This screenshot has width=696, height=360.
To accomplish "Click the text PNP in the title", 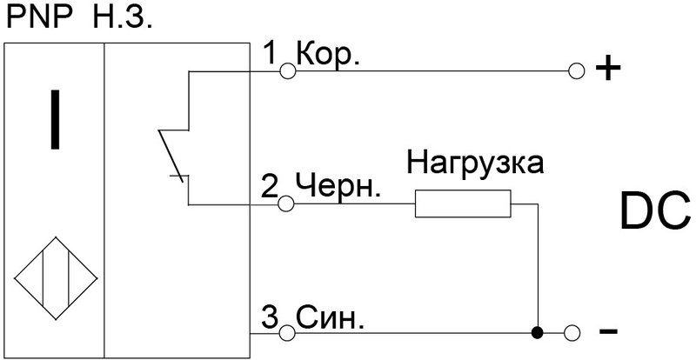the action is pyautogui.click(x=40, y=17).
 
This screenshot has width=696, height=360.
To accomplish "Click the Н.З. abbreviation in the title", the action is pyautogui.click(x=123, y=17).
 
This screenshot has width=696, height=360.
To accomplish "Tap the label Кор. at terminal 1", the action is pyautogui.click(x=327, y=56).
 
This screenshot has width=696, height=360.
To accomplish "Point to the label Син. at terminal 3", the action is pyautogui.click(x=330, y=318).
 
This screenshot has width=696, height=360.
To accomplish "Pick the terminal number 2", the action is pyautogui.click(x=270, y=187).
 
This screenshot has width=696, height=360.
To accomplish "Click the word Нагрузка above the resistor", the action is pyautogui.click(x=475, y=163).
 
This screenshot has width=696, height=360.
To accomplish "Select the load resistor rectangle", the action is pyautogui.click(x=463, y=203).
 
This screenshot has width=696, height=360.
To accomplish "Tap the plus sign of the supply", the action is pyautogui.click(x=607, y=70).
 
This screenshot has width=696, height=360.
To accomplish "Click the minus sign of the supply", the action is pyautogui.click(x=608, y=330).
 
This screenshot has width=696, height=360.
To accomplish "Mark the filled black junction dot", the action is pyautogui.click(x=538, y=331).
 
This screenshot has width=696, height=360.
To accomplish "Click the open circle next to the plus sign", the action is pyautogui.click(x=576, y=70).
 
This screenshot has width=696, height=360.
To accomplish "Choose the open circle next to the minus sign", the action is pyautogui.click(x=572, y=331).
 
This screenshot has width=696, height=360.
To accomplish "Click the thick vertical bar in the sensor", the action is pyautogui.click(x=55, y=120).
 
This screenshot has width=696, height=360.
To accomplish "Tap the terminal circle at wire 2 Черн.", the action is pyautogui.click(x=286, y=204).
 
